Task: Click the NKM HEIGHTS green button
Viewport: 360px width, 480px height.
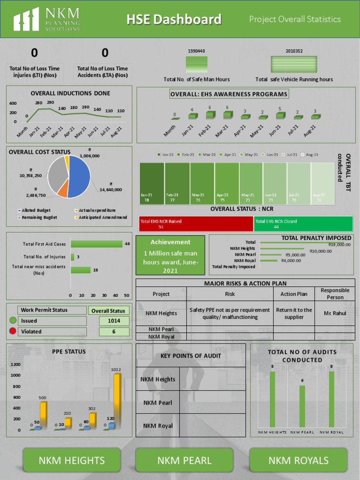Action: pos(72,460)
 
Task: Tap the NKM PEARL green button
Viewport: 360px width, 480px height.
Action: pos(184,460)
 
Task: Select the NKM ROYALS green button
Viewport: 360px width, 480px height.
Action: pos(298,460)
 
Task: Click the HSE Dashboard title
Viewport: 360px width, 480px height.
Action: pos(173,19)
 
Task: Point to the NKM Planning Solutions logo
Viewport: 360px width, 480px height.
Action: pos(47,19)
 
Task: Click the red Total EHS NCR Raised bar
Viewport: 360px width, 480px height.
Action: pos(196,224)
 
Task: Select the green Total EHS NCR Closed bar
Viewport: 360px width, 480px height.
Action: pos(303,224)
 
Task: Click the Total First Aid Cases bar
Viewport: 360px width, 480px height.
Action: pos(96,244)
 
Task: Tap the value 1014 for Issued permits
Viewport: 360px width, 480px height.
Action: pos(114,321)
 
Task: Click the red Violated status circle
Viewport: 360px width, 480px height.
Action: pos(13,331)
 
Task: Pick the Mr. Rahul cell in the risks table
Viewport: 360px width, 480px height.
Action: pos(334,313)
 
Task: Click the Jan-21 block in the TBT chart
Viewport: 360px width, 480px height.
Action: pos(151,183)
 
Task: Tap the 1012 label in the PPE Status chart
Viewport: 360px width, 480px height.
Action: pos(116,369)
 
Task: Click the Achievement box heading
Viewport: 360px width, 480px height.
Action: pos(170,242)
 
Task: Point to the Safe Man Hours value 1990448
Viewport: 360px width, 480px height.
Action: pos(196,51)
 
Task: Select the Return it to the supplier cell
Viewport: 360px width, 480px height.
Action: pos(294,313)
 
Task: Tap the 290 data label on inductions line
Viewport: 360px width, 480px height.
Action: pos(50,103)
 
